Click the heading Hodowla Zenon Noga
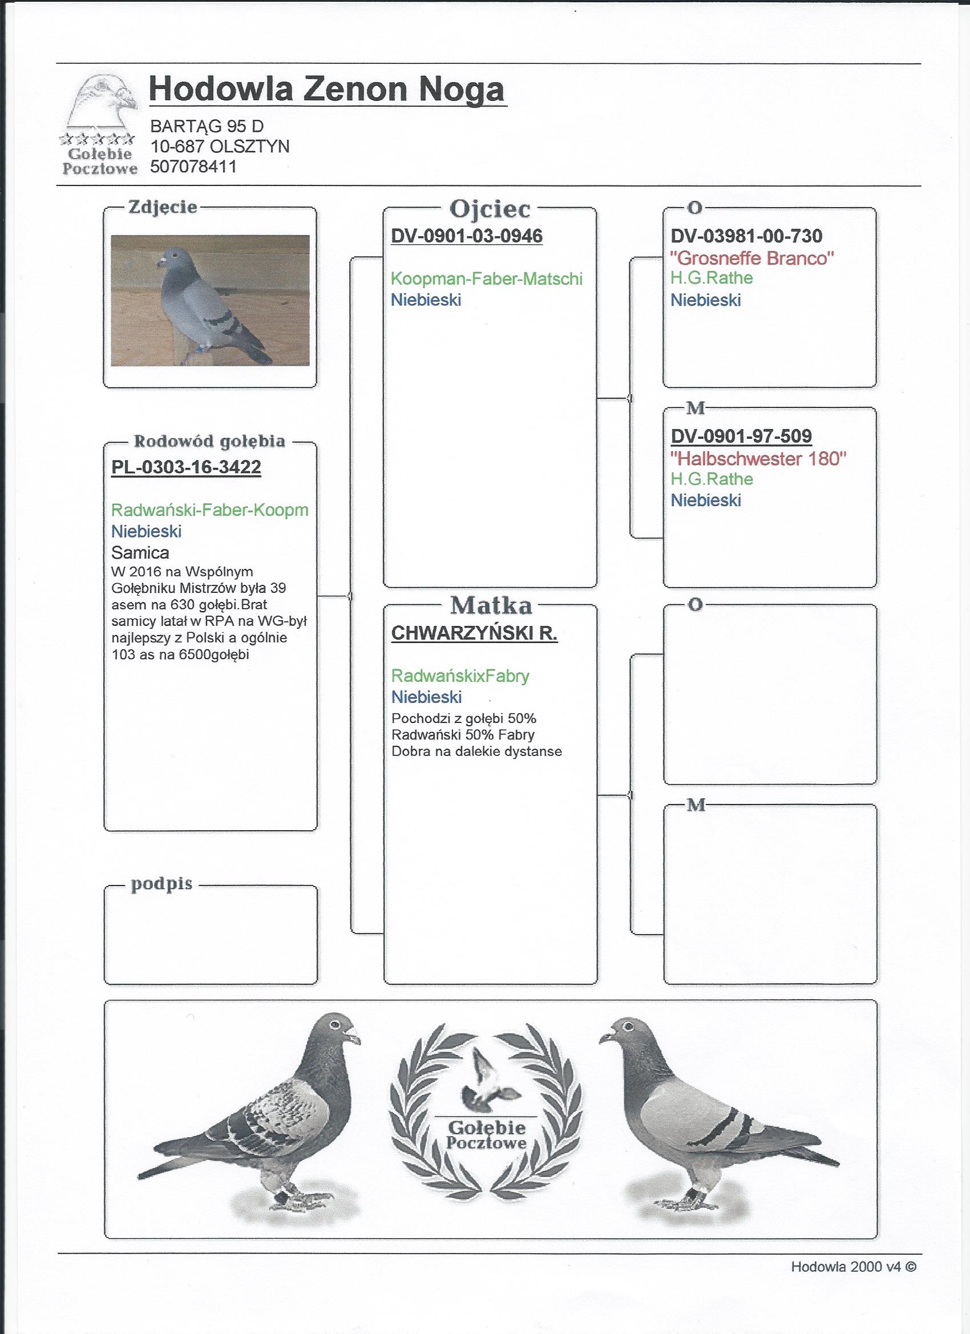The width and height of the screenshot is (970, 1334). [327, 90]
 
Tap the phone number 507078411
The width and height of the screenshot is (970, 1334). [193, 167]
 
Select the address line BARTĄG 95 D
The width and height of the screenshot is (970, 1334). [207, 126]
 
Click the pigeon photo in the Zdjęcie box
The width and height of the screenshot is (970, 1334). [210, 300]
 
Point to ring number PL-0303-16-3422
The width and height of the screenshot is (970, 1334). [186, 467]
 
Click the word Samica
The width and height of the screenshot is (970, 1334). [140, 553]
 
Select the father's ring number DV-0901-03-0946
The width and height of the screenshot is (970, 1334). [467, 236]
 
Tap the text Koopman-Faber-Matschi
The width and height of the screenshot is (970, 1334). [487, 279]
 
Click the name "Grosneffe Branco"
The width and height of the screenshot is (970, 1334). [753, 258]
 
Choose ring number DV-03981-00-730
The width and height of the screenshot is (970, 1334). [746, 236]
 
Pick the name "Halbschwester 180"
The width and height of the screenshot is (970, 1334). [758, 458]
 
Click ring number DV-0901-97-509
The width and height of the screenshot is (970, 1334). [741, 436]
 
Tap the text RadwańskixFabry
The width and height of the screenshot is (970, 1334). [460, 676]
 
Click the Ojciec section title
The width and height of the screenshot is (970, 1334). [490, 208]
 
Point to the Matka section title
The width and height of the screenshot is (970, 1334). [491, 605]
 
